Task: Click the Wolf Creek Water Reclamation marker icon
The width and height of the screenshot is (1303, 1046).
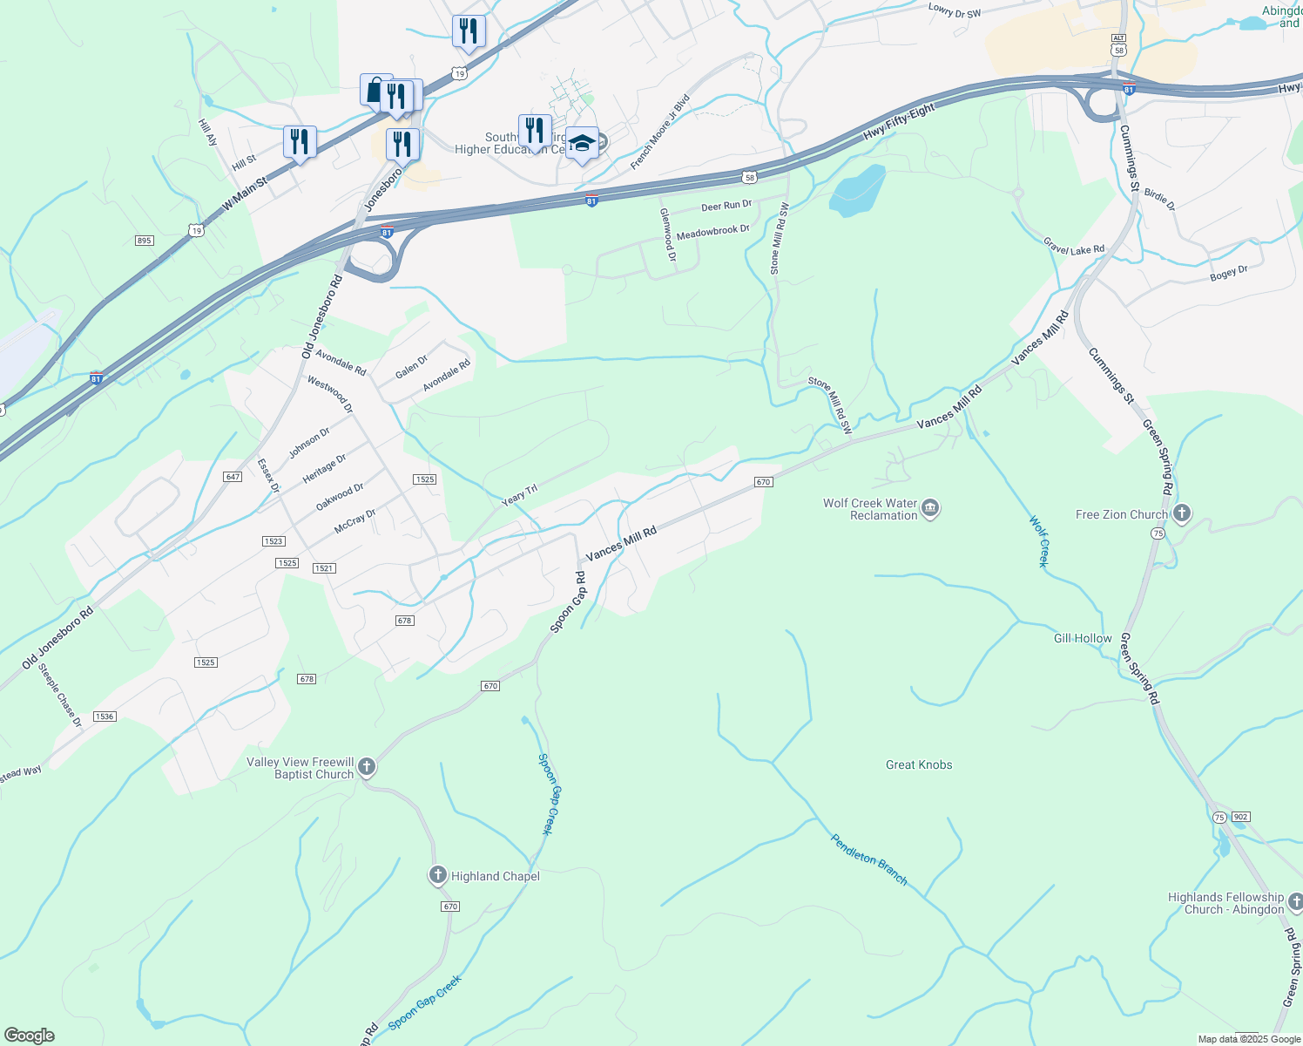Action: [930, 508]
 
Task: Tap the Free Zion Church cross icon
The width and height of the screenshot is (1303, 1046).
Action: [1182, 513]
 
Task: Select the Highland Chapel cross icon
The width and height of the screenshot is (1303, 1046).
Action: [438, 875]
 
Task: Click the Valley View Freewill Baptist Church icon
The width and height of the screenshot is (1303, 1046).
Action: [367, 767]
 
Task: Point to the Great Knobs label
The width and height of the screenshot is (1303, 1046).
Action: [919, 764]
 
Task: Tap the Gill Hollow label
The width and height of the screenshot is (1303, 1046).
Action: [1083, 638]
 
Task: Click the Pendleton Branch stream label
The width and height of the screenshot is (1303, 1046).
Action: [868, 859]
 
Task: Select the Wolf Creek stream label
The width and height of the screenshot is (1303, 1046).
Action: [1039, 541]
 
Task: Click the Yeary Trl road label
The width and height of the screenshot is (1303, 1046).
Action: [519, 496]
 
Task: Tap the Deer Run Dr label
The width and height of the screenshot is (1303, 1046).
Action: [726, 206]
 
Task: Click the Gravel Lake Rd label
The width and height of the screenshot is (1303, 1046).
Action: [1074, 249]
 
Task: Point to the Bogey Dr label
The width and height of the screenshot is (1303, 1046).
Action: [1228, 274]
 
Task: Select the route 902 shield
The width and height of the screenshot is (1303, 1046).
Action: [1241, 817]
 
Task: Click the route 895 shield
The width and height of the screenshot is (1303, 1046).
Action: [145, 241]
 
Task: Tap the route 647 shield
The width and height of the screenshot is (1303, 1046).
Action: [233, 477]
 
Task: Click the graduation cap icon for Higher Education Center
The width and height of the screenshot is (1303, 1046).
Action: [582, 144]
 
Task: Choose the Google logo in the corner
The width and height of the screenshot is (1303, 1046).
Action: [30, 1036]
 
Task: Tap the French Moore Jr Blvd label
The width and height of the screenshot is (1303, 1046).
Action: [659, 132]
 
